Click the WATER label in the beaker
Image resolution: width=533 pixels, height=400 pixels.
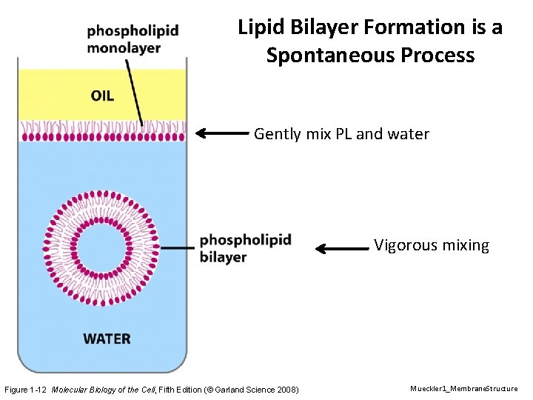[107, 339]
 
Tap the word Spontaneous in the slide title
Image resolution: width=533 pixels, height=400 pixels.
[332, 56]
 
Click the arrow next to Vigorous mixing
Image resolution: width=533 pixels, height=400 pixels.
[341, 249]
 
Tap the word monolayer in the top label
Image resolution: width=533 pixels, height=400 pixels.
[123, 48]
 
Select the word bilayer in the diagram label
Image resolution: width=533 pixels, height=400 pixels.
[223, 257]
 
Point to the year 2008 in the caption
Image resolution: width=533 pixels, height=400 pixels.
[286, 390]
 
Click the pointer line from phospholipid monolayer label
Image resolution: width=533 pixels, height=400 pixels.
[134, 89]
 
